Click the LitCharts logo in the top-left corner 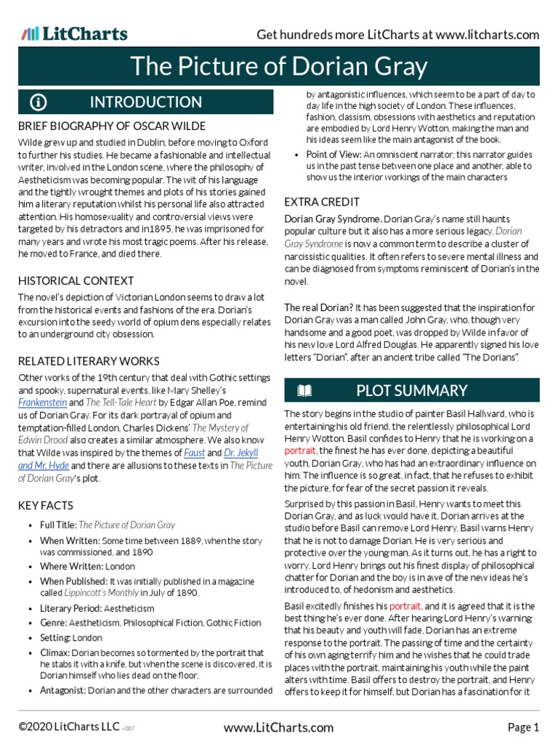[x=74, y=33]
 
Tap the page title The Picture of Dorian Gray [x=278, y=67]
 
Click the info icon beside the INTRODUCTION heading [x=39, y=102]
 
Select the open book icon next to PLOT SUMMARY [x=304, y=392]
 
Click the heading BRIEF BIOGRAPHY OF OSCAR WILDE [x=112, y=126]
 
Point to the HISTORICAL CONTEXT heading [x=76, y=280]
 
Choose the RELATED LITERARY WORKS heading [x=89, y=361]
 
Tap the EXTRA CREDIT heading [x=322, y=201]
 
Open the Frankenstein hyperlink [x=42, y=402]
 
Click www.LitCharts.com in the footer [x=278, y=727]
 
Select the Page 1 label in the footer [x=523, y=727]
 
